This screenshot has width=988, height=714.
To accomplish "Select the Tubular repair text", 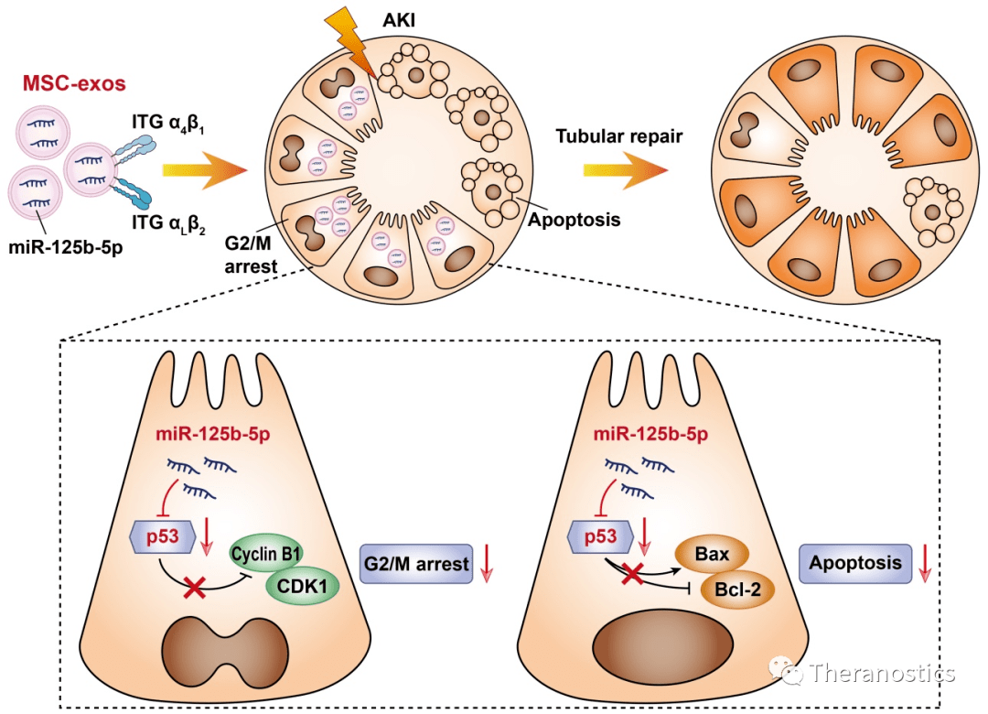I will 618,136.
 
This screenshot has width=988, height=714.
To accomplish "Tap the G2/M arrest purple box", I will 416,564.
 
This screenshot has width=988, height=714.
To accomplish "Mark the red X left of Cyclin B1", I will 194,587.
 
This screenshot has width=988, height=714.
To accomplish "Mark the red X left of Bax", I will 630,574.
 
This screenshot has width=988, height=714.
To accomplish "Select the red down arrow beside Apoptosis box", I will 925,564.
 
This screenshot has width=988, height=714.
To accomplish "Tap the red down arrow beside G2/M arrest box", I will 487,564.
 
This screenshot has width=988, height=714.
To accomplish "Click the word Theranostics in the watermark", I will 882,675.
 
